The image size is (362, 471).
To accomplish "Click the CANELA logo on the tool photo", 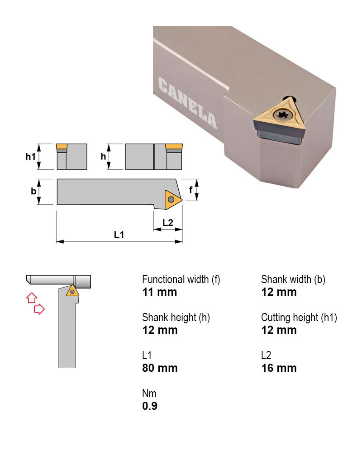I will (x=187, y=102).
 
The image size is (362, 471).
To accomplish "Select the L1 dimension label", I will (x=119, y=235).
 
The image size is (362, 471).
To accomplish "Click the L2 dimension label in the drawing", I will (x=168, y=222).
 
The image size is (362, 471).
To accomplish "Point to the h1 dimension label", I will (x=30, y=157).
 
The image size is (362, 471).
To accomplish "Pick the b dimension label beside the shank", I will (x=33, y=192).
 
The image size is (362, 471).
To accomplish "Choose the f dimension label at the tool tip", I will (x=191, y=191).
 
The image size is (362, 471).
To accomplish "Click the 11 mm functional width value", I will (x=159, y=292).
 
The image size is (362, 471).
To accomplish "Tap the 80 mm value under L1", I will (x=160, y=368).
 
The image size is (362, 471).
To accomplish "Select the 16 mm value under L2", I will (x=279, y=368).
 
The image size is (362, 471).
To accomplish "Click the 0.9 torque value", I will (x=150, y=406).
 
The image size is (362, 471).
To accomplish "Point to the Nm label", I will (x=149, y=394).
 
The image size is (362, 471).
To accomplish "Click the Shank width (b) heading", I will (x=293, y=279).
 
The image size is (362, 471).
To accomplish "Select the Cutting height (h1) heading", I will (x=299, y=317).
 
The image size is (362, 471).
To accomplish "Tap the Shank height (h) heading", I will (x=176, y=317).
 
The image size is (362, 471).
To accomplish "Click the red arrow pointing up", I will (x=31, y=298).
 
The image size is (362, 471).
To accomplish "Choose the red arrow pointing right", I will (x=40, y=309).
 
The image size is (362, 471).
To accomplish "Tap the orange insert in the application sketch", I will (x=72, y=291).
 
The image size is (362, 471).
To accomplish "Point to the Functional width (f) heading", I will (x=181, y=279).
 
